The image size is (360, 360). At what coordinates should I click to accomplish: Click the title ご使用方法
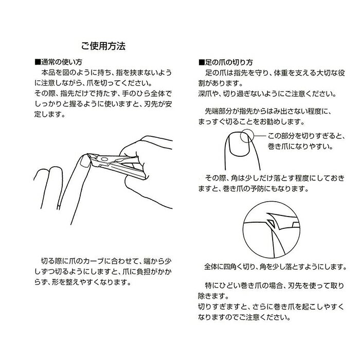(103, 46)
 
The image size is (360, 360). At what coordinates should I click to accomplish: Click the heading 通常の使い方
(62, 62)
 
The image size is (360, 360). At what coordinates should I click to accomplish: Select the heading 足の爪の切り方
(229, 62)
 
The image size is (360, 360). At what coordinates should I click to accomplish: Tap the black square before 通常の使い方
(38, 62)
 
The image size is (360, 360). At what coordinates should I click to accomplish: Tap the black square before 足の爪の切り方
(202, 62)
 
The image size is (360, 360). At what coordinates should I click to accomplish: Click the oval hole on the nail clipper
(104, 159)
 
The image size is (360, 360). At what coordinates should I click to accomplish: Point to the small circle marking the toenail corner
(246, 136)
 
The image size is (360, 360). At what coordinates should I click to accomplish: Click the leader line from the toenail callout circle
(260, 136)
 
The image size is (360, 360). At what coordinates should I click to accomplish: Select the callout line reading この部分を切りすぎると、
(307, 136)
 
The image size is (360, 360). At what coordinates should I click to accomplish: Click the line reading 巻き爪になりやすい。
(300, 146)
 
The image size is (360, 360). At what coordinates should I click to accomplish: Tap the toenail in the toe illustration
(239, 145)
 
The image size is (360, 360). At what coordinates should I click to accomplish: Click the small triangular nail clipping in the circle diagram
(271, 223)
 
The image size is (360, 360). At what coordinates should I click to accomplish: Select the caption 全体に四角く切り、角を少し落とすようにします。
(275, 266)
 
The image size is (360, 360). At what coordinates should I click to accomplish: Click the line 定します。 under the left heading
(50, 114)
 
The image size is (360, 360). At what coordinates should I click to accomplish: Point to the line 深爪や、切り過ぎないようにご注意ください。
(267, 94)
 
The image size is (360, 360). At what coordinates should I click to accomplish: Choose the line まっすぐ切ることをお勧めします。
(251, 122)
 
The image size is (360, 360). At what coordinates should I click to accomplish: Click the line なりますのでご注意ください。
(244, 317)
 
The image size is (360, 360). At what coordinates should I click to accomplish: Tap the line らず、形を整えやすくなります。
(83, 282)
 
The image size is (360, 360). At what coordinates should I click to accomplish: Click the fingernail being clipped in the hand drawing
(85, 161)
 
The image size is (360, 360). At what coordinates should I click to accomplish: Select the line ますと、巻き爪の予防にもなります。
(253, 189)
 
